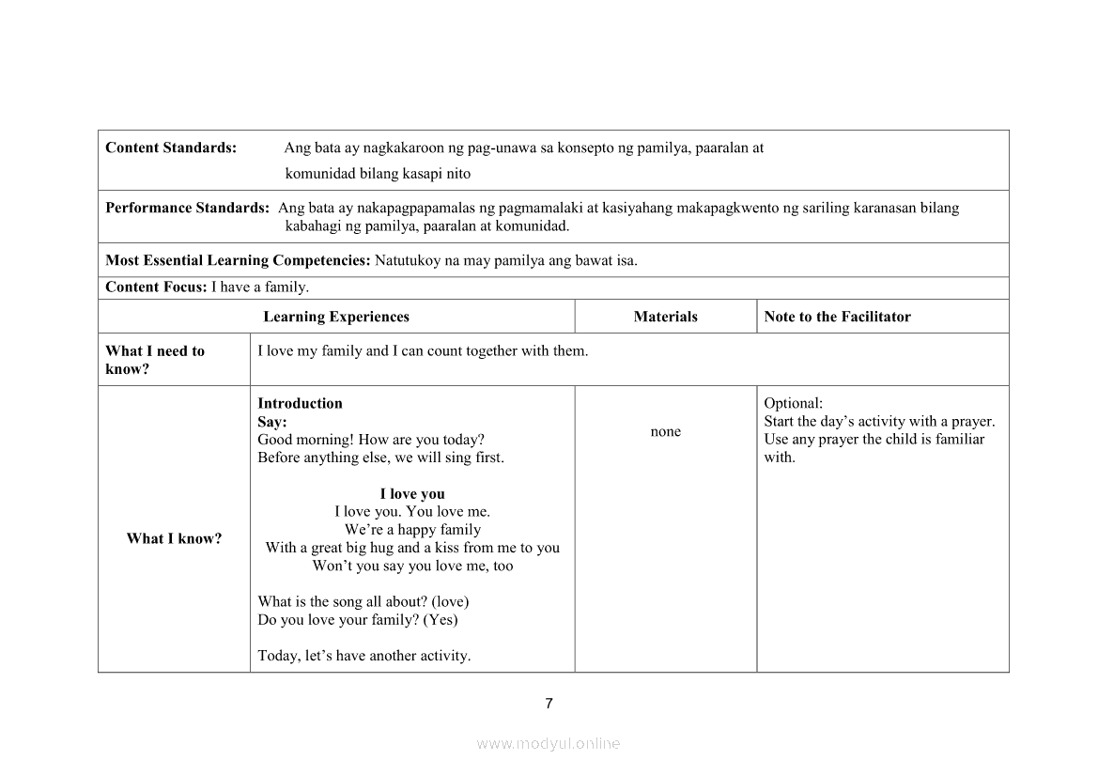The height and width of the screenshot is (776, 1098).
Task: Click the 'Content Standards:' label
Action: click(x=170, y=147)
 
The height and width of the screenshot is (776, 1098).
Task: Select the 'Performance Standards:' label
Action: click(x=187, y=208)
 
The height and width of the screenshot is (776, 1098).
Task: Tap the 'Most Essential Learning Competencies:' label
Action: click(x=239, y=260)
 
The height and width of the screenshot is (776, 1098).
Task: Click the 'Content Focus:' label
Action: click(x=156, y=287)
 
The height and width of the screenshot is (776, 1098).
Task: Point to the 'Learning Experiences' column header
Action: click(x=336, y=317)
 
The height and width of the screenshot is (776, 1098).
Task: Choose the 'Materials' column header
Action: click(x=665, y=317)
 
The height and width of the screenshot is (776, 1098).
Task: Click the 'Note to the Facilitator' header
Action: click(x=837, y=317)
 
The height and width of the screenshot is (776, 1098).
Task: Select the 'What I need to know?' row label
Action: click(x=155, y=360)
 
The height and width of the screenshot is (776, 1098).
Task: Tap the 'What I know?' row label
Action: click(x=174, y=538)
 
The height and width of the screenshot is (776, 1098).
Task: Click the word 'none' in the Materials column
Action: click(x=665, y=431)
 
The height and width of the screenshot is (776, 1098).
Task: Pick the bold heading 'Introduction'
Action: click(x=300, y=403)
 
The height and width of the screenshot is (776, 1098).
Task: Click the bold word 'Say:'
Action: click(x=272, y=422)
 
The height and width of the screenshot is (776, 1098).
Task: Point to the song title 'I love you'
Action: click(x=412, y=494)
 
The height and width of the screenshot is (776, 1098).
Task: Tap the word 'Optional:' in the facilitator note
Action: click(x=793, y=403)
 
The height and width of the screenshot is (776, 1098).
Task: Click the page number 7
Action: click(x=549, y=704)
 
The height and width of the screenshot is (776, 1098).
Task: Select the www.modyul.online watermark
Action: click(x=549, y=743)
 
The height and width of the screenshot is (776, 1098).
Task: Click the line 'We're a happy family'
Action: click(x=412, y=530)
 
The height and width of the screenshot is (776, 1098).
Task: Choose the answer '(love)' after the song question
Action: click(x=450, y=601)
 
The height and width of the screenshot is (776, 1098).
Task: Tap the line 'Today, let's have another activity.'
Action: click(x=363, y=656)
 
